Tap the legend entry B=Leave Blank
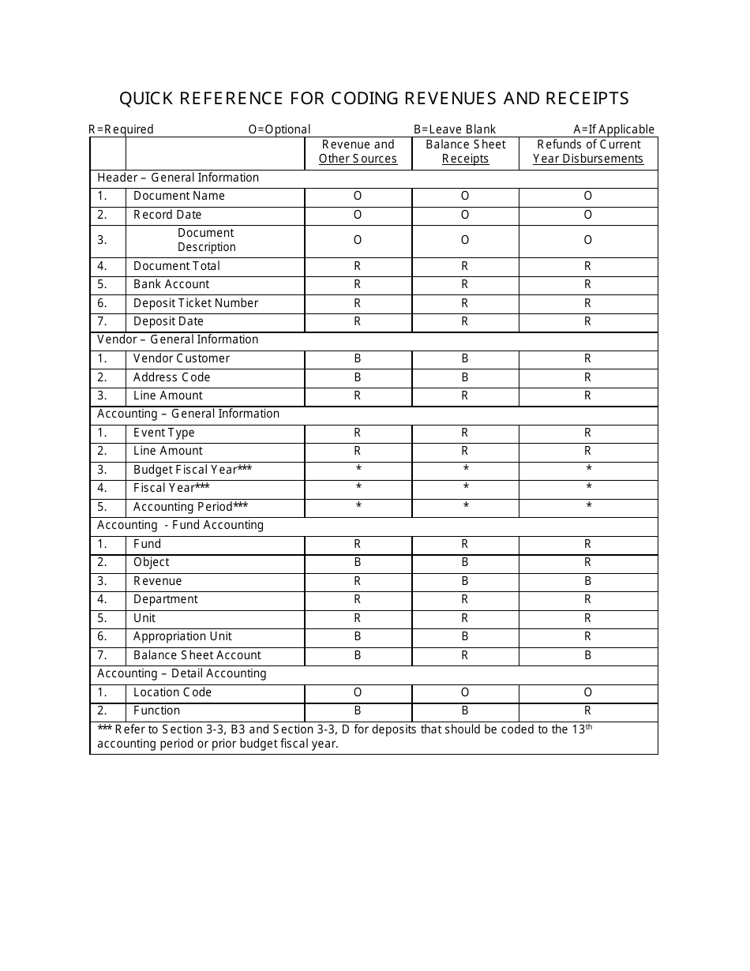coord(455,129)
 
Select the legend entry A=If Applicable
coord(613,129)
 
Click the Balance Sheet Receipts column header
coord(465,152)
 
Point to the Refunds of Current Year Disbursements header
coord(588,152)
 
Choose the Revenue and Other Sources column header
coord(358,152)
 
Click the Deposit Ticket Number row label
coord(196,303)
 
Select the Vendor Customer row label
coord(182,358)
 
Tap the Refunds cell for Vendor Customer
coord(588,358)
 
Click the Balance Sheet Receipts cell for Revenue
coord(465,581)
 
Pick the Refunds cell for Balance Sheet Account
coord(588,655)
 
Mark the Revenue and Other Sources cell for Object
coord(358,562)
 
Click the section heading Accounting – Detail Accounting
coord(182,673)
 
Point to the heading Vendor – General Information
coord(178,339)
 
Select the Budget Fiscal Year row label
coord(193,470)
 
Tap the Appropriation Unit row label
coord(182,636)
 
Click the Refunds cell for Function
coord(588,710)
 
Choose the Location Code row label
coord(172,692)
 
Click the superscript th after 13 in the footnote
coord(588,726)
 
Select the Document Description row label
coord(206,240)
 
